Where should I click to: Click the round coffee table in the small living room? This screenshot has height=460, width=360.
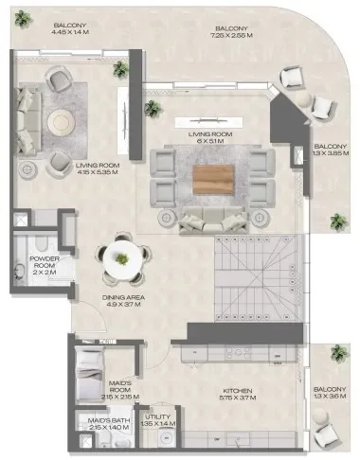coord(60,121)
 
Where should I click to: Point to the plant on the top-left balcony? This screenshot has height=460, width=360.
coord(120,69)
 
